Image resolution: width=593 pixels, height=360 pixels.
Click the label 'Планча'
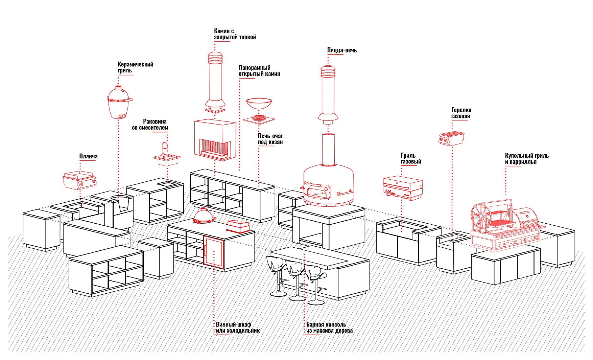88,156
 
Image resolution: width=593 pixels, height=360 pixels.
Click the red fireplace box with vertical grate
215,139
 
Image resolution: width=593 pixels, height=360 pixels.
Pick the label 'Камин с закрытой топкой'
235,34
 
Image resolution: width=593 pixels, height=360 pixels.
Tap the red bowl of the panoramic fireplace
259,103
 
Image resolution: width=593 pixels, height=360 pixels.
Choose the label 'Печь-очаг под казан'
270,139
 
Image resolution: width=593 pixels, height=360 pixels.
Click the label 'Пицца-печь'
342,50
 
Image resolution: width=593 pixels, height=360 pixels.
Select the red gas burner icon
451,138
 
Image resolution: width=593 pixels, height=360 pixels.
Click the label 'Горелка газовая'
461,113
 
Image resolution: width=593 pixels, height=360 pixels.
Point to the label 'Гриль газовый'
411,158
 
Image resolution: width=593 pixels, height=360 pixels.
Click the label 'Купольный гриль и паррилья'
526,159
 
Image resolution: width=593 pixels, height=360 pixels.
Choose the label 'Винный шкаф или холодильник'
238,328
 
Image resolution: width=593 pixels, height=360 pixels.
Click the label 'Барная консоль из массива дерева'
329,328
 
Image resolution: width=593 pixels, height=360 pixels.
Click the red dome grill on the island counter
204,216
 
